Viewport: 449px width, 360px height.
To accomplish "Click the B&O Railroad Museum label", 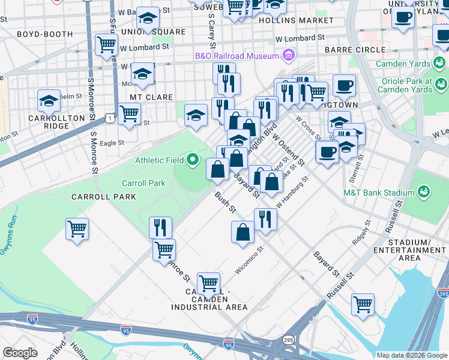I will click(x=237, y=56).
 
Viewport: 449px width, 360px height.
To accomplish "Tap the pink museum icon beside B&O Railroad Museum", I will click(x=289, y=56).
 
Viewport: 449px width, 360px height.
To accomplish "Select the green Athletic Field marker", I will click(x=192, y=160).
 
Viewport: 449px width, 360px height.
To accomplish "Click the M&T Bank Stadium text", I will click(x=378, y=193).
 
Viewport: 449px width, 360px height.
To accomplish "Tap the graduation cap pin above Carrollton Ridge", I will click(x=49, y=101).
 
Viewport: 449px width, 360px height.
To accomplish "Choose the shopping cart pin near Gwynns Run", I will click(x=77, y=229).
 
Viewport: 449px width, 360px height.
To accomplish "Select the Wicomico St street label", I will click(x=249, y=260).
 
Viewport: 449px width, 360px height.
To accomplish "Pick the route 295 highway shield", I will click(x=289, y=339).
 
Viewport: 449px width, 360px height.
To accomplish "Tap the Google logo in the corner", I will click(x=20, y=353).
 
